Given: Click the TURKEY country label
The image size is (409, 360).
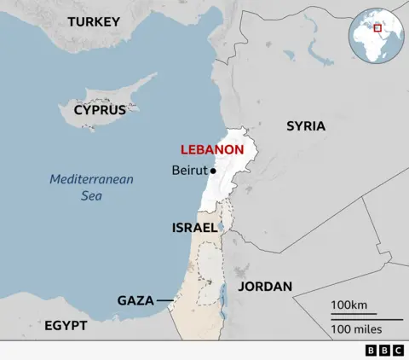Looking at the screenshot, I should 94,21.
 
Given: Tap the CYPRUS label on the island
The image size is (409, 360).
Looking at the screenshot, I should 100,110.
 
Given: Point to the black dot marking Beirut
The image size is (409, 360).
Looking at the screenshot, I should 213,171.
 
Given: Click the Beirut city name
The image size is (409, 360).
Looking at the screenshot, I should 189,171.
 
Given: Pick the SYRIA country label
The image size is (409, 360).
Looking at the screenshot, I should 305,125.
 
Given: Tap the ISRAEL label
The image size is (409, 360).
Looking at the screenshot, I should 194,228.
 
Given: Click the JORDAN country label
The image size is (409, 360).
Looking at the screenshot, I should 265,287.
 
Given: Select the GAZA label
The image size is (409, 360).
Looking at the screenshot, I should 135,300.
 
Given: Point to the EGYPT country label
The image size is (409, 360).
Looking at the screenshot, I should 66,326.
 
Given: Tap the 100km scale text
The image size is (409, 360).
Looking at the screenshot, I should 349,305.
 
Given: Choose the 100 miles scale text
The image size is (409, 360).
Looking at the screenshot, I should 355,329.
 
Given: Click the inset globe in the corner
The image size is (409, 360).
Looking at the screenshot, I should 373,34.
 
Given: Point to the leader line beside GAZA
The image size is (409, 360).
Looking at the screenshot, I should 164,300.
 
